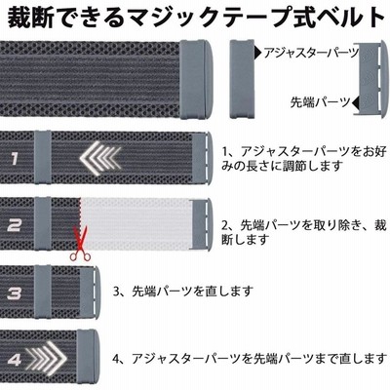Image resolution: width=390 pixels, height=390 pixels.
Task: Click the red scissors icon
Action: pyautogui.click(x=80, y=245)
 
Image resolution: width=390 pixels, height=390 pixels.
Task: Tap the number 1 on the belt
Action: pyautogui.click(x=15, y=159)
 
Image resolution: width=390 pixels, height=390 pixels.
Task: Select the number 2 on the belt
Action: pyautogui.click(x=15, y=225)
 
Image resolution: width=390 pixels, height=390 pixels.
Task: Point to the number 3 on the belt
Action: pyautogui.click(x=15, y=293)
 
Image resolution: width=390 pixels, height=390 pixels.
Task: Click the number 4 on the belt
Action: pyautogui.click(x=15, y=360)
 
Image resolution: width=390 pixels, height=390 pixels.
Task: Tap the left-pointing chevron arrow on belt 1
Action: pyautogui.click(x=100, y=159)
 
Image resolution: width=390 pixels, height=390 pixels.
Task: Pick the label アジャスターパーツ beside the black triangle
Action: pyautogui.click(x=311, y=53)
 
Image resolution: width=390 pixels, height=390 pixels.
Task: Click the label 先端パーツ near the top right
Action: pyautogui.click(x=321, y=102)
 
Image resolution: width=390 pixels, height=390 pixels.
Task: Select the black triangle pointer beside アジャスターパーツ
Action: pyautogui.click(x=258, y=52)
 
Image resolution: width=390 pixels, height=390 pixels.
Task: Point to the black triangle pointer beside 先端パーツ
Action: pyautogui.click(x=356, y=102)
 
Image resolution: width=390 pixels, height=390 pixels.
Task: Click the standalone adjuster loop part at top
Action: pyautogui.click(x=242, y=79)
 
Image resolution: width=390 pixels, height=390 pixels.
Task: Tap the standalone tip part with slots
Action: pyautogui.click(x=371, y=80)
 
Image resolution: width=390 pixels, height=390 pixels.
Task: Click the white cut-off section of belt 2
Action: pyautogui.click(x=136, y=223)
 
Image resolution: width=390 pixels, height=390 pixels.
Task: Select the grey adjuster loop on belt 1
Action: pyautogui.click(x=42, y=158)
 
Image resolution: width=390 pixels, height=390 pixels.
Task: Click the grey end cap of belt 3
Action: pyautogui.click(x=90, y=292)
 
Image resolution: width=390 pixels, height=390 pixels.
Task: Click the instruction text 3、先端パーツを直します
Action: pyautogui.click(x=183, y=291)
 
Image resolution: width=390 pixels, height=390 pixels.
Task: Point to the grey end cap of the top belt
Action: pyautogui.click(x=196, y=79)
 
